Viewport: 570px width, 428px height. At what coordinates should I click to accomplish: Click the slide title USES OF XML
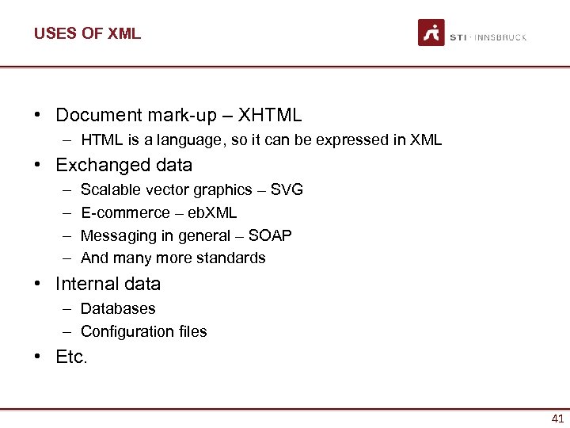tap(87, 33)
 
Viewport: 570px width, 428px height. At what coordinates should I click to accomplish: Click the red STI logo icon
tap(431, 32)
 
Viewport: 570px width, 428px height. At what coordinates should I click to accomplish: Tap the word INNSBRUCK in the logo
tap(500, 37)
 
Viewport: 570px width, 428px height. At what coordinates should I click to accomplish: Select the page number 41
tap(557, 418)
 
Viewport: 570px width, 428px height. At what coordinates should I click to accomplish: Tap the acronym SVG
tap(287, 190)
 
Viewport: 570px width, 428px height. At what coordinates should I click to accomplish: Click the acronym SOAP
tap(270, 235)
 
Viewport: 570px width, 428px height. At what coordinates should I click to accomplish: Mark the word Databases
tap(118, 308)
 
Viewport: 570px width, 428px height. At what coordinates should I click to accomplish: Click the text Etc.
tap(71, 357)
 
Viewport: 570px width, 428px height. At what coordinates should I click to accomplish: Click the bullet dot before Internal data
tap(38, 284)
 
